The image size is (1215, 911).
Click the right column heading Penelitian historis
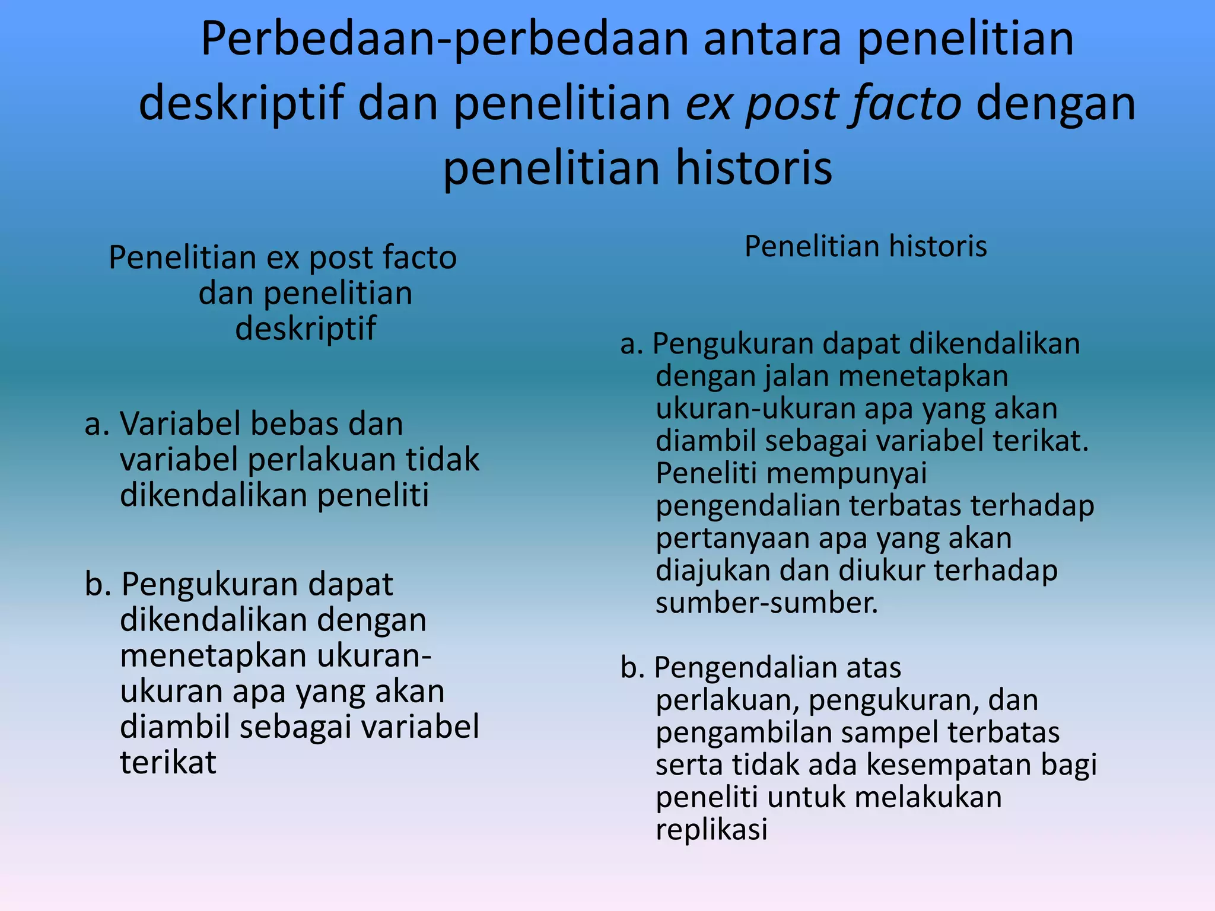point(866,246)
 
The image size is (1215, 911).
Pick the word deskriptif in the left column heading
point(306,328)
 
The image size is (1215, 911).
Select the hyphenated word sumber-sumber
point(766,603)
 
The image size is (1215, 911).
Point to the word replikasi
point(711,829)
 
